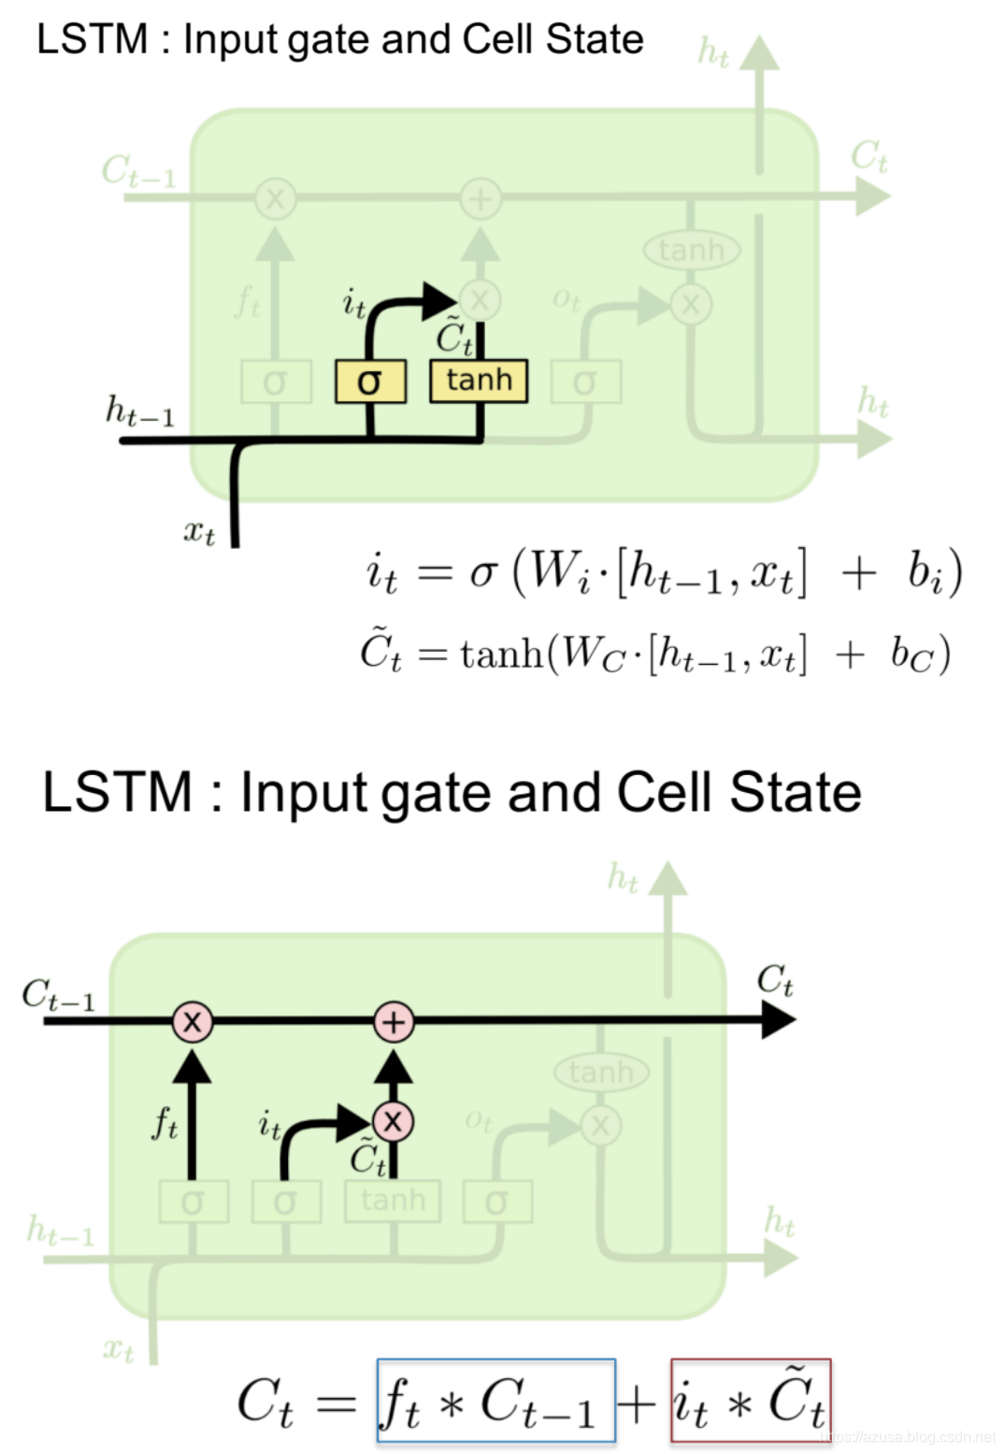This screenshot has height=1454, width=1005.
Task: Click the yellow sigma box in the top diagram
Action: tap(370, 381)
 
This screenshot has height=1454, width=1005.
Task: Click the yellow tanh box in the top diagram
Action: tap(479, 381)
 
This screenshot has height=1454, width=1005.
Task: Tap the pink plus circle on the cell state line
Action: tap(394, 1021)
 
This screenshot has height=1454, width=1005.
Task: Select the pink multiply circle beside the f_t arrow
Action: tap(193, 1021)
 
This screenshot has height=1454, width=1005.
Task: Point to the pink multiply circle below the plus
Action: tap(393, 1121)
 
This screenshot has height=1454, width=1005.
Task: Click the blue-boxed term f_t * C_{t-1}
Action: tap(495, 1401)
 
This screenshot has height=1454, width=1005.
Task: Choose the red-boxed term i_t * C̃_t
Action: tap(750, 1401)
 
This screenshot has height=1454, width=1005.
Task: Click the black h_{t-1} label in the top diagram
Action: tap(139, 410)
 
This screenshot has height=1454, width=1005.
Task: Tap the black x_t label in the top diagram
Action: tap(198, 532)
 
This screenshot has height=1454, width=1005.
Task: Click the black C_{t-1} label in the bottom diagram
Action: tap(58, 995)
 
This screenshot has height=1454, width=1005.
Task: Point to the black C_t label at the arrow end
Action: tap(775, 980)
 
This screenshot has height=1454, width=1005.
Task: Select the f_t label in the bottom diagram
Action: tap(165, 1122)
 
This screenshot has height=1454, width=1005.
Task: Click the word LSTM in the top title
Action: tap(93, 39)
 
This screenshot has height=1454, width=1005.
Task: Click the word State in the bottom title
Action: tap(795, 793)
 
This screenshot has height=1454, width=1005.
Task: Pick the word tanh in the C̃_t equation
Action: tap(501, 654)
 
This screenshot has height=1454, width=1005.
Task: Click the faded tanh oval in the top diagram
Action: tap(691, 250)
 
